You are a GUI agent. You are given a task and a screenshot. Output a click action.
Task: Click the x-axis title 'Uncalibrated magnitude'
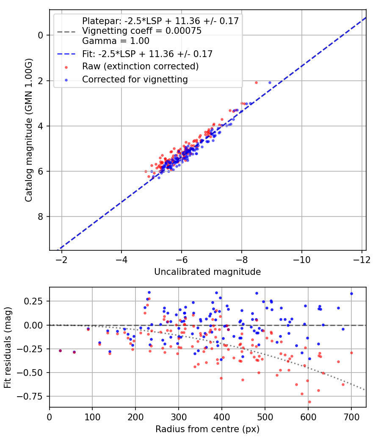[207, 271]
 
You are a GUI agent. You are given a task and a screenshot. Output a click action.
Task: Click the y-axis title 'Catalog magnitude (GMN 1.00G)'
[28, 129]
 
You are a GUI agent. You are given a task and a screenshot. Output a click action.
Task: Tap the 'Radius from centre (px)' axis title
[207, 429]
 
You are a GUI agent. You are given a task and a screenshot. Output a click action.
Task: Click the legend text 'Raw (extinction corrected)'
[140, 66]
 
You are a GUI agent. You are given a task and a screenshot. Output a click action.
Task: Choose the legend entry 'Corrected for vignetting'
[135, 79]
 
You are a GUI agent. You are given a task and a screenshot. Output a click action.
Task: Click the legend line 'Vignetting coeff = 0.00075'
[141, 31]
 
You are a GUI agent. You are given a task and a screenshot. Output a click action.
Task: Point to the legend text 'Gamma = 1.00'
[116, 41]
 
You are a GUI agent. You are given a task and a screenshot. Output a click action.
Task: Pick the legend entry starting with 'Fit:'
[147, 54]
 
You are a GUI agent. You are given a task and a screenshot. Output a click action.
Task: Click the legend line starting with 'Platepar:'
[160, 21]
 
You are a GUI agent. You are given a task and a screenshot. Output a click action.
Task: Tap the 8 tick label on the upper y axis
[41, 217]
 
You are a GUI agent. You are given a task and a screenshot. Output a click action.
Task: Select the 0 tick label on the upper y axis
[41, 35]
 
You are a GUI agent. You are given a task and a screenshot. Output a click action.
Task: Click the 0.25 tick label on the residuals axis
[35, 301]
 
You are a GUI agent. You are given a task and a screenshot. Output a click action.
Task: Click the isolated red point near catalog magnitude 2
[256, 83]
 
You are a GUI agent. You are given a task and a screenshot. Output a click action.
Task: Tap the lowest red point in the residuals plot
[309, 402]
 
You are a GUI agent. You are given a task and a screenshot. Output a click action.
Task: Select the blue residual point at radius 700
[351, 293]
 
